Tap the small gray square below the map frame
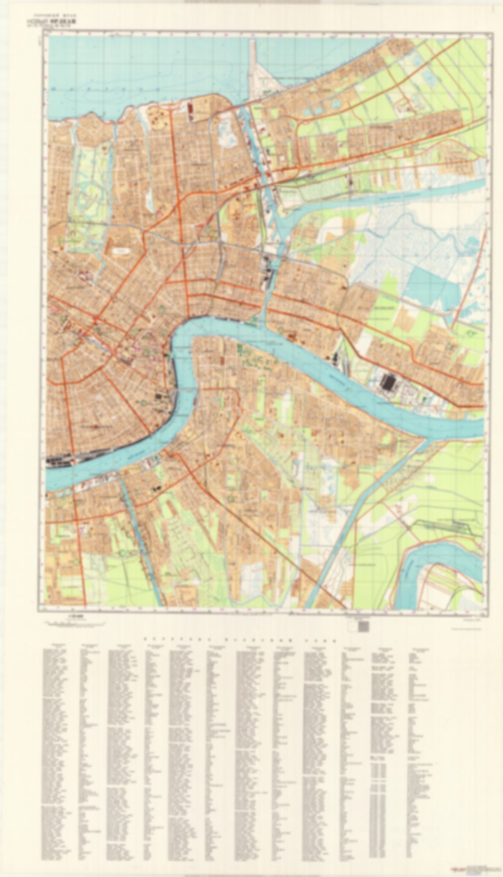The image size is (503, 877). pos(363,627)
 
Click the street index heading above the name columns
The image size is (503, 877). pos(240,639)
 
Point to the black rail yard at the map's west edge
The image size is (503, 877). pos(59,461)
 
